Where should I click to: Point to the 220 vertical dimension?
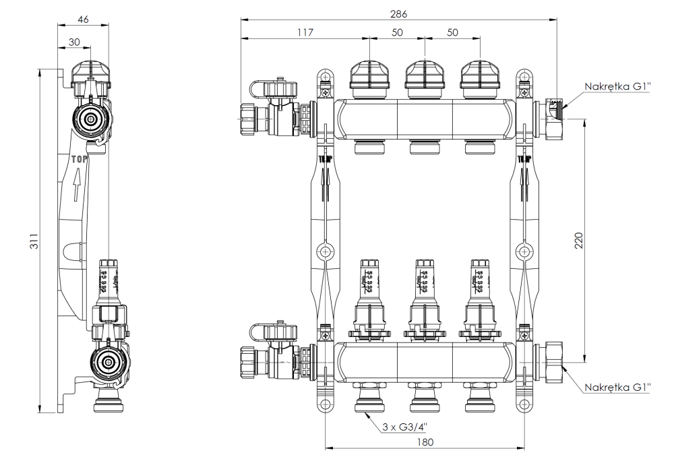click(578, 240)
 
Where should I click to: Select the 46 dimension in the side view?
click(83, 20)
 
